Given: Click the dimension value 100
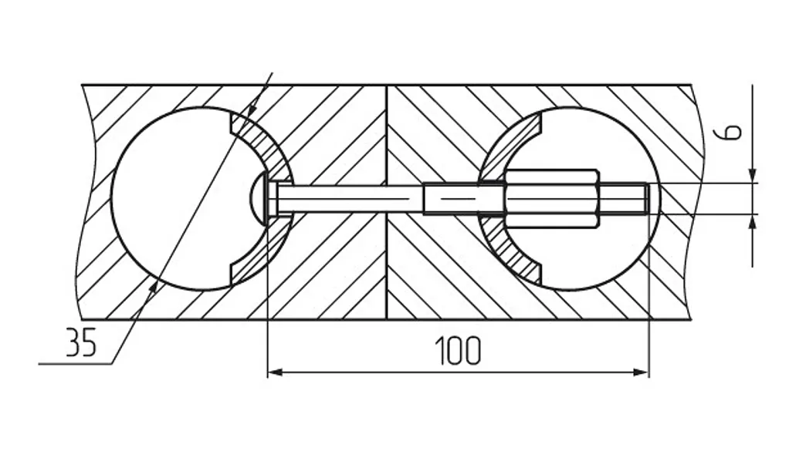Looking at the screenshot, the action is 458,350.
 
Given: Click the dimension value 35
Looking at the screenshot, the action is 81,342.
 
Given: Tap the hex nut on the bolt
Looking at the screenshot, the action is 552,198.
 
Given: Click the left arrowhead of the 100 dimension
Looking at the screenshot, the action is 275,373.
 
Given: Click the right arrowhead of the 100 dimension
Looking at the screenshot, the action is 641,373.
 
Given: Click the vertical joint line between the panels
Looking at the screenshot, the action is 387,202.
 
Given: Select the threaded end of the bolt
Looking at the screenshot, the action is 624,198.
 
